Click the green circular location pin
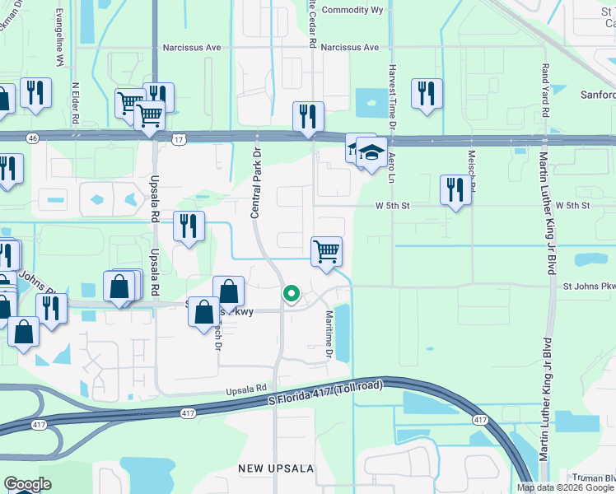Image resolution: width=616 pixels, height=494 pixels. (x=291, y=293)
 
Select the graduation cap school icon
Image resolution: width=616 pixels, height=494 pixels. (x=371, y=152)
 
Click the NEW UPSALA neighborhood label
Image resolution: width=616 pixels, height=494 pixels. (x=276, y=468)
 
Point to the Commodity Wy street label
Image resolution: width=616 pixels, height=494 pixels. (x=352, y=11)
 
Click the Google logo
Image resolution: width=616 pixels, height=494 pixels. (x=27, y=484)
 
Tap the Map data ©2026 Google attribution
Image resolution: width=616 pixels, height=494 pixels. (x=565, y=487)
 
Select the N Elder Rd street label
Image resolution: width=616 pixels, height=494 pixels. (x=76, y=102)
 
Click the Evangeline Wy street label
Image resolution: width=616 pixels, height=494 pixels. (x=59, y=39)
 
